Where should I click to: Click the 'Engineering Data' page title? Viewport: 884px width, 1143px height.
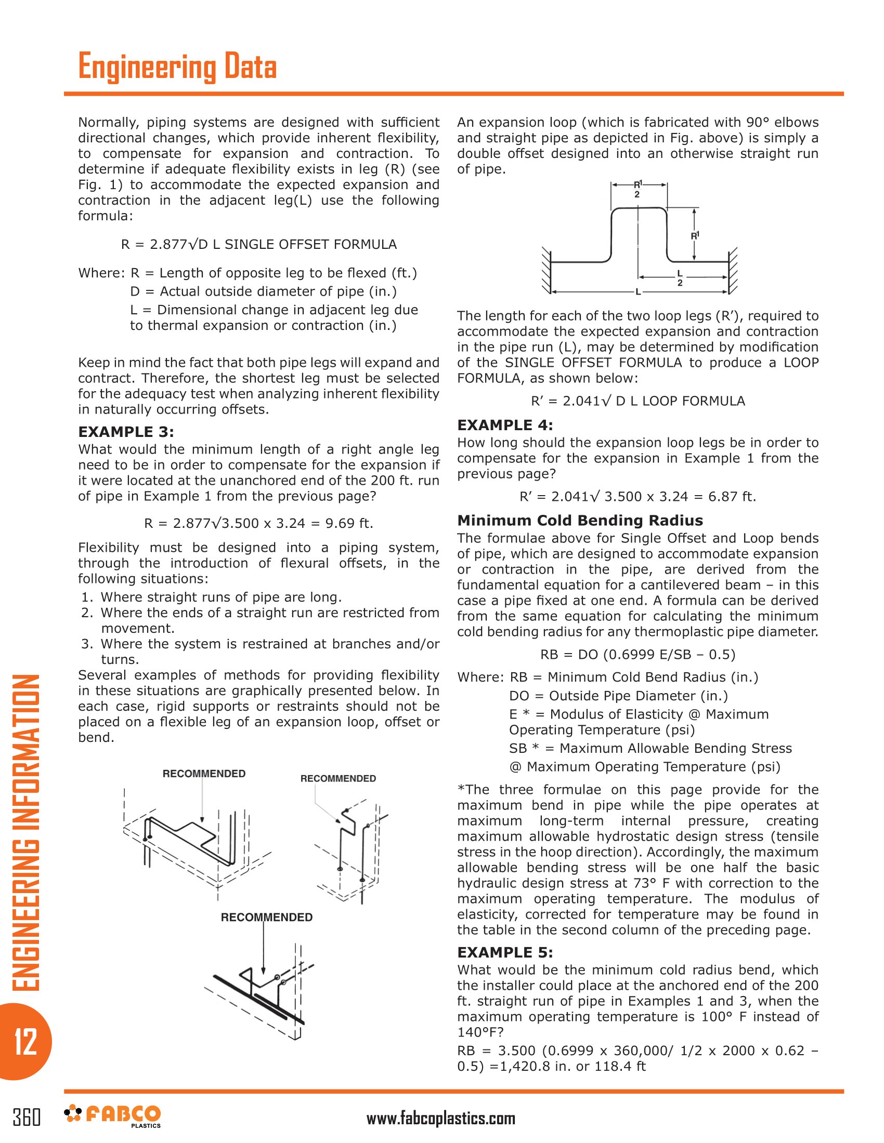(177, 67)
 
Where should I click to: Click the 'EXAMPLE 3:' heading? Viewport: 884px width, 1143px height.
(126, 432)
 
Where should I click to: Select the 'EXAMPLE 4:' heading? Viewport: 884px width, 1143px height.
(505, 425)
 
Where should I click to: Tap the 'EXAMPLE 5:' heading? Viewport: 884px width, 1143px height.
(505, 952)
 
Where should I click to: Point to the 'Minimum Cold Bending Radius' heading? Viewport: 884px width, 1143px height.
(580, 520)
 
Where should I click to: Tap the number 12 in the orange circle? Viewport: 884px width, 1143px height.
(25, 1042)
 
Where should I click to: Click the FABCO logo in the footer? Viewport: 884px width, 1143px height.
(113, 1115)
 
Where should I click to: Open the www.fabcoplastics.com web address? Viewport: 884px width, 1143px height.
(441, 1119)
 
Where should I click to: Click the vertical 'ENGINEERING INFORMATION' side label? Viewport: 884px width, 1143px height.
(25, 832)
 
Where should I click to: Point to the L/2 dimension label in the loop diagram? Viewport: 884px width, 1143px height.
(680, 278)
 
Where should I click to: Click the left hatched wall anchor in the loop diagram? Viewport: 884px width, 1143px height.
(546, 270)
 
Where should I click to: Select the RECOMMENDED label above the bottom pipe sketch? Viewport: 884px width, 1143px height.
(267, 917)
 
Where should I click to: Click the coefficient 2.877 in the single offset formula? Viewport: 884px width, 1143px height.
(168, 244)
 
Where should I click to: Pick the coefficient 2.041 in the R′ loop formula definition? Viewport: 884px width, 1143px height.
(580, 401)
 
